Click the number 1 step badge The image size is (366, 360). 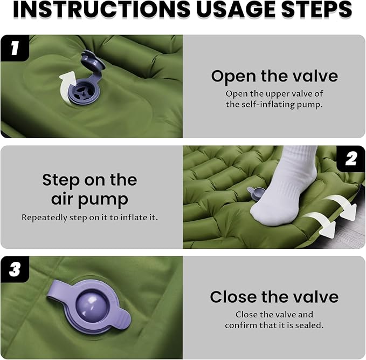pyautogui.click(x=15, y=48)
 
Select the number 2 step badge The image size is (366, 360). pyautogui.click(x=351, y=159)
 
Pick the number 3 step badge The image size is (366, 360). pyautogui.click(x=15, y=269)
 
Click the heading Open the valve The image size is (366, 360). pyautogui.click(x=274, y=77)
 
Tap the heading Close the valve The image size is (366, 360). pyautogui.click(x=274, y=297)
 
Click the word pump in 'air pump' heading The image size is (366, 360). pyautogui.click(x=103, y=200)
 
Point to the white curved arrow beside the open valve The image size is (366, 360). pyautogui.click(x=66, y=85)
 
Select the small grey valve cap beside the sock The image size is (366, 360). pyautogui.click(x=254, y=193)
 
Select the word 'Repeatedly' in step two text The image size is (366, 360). pyautogui.click(x=44, y=218)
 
